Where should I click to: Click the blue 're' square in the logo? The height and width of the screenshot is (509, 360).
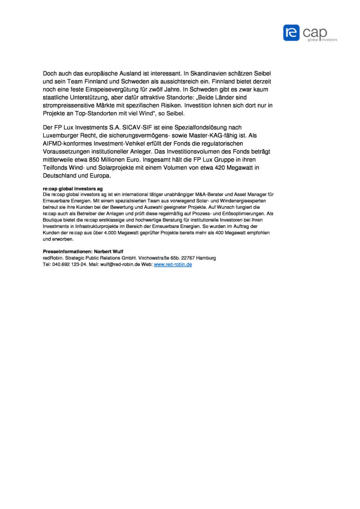291,33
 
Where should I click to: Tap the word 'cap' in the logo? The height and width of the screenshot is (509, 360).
314,33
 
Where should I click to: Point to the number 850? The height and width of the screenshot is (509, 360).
94,160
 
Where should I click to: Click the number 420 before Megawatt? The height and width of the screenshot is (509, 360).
220,168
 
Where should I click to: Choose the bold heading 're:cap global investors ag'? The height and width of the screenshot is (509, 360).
73,189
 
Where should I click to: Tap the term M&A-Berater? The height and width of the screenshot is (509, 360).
209,194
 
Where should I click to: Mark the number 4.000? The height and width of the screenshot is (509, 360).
110,233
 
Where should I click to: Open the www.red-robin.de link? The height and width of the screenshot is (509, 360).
173,264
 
